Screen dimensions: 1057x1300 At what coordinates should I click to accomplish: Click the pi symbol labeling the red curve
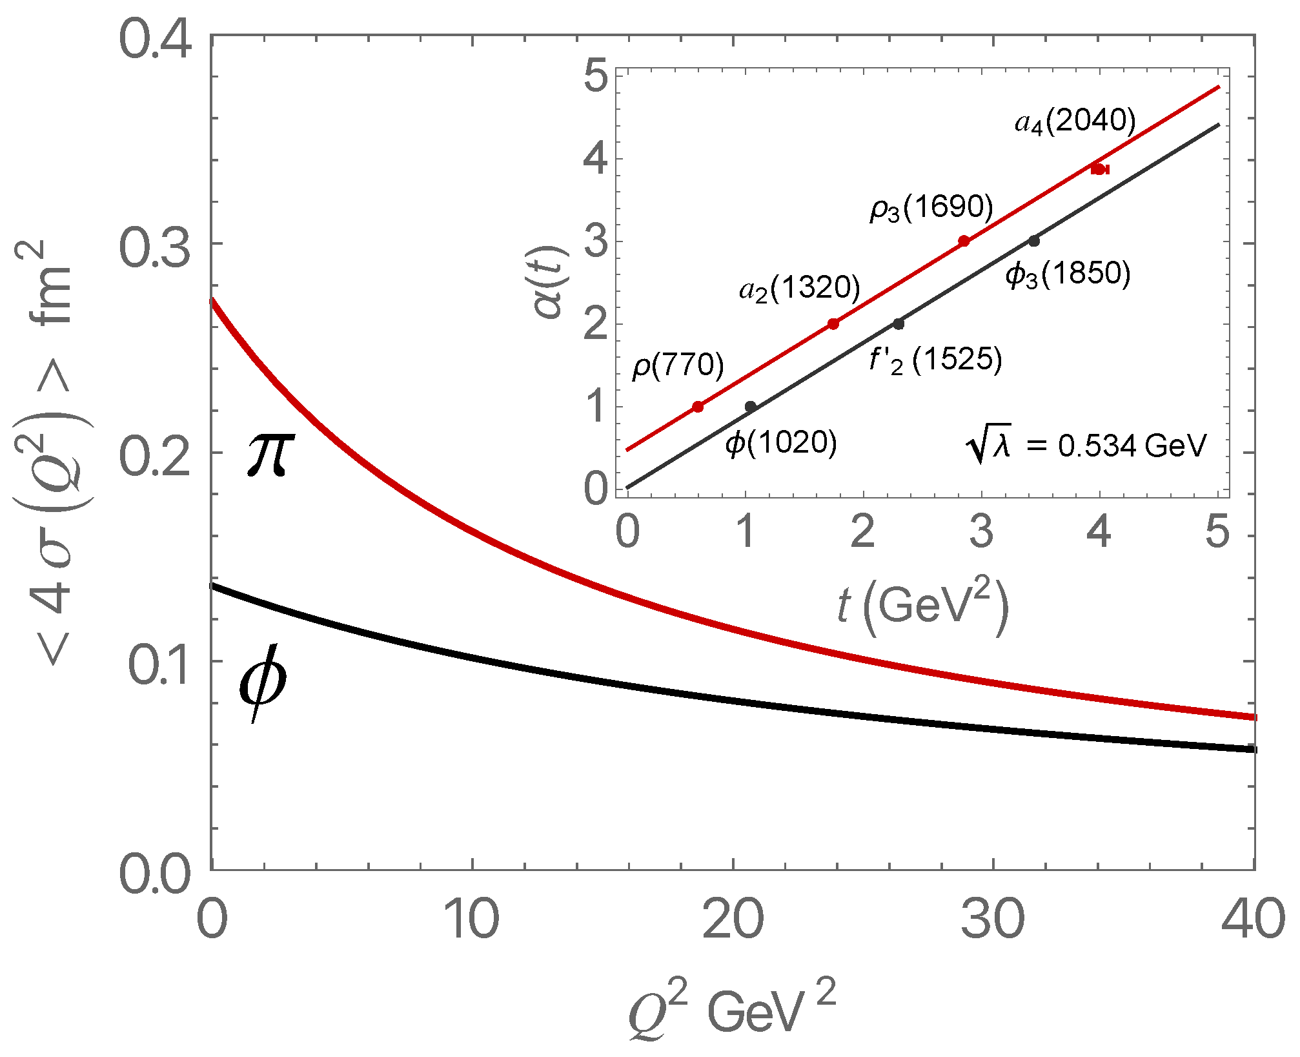coord(270,455)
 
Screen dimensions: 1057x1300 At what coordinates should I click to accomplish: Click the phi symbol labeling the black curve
coord(262,682)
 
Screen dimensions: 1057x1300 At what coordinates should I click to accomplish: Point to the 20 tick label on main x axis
coord(733,920)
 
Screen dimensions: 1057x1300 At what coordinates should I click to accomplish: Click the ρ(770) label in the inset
coord(678,365)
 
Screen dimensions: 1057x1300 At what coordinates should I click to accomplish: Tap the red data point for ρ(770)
coord(698,407)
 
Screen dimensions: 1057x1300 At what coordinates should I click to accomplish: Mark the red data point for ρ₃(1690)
coord(964,241)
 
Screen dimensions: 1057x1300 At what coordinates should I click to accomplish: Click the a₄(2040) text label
coord(1075,121)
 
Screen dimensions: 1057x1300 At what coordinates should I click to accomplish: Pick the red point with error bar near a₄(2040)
coord(1099,169)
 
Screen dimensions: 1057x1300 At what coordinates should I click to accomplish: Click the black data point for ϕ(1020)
coord(751,406)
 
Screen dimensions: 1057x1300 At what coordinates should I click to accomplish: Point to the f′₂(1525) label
coord(935,360)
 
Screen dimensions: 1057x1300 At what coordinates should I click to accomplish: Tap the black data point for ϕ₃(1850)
coord(1034,241)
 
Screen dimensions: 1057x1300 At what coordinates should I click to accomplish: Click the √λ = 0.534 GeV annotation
coord(1086,446)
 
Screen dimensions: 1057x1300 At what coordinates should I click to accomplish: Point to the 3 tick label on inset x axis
coord(981,533)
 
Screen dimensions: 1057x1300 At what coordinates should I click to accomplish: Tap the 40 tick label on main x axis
coord(1252,920)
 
